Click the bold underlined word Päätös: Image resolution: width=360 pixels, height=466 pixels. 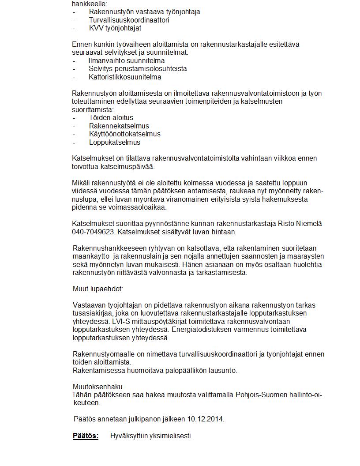pyautogui.click(x=86, y=436)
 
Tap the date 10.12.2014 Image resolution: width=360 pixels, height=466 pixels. pyautogui.click(x=206, y=419)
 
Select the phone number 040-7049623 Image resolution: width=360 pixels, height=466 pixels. pyautogui.click(x=90, y=232)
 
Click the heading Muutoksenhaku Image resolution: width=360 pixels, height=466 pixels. pyautogui.click(x=97, y=387)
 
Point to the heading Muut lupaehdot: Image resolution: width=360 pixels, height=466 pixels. pyautogui.click(x=98, y=289)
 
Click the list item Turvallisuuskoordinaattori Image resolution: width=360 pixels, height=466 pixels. pyautogui.click(x=129, y=20)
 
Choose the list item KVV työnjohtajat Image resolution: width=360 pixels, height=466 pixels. pyautogui.click(x=115, y=28)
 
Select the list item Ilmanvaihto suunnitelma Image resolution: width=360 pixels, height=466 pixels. pyautogui.click(x=127, y=61)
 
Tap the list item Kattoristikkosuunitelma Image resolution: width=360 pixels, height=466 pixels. pyautogui.click(x=125, y=77)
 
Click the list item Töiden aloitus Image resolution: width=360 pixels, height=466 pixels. pyautogui.click(x=111, y=118)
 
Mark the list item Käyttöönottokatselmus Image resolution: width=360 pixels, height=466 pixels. pyautogui.click(x=125, y=134)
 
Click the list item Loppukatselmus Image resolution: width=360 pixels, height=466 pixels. pyautogui.click(x=115, y=143)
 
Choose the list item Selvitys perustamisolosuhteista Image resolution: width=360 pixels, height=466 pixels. pyautogui.click(x=138, y=69)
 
